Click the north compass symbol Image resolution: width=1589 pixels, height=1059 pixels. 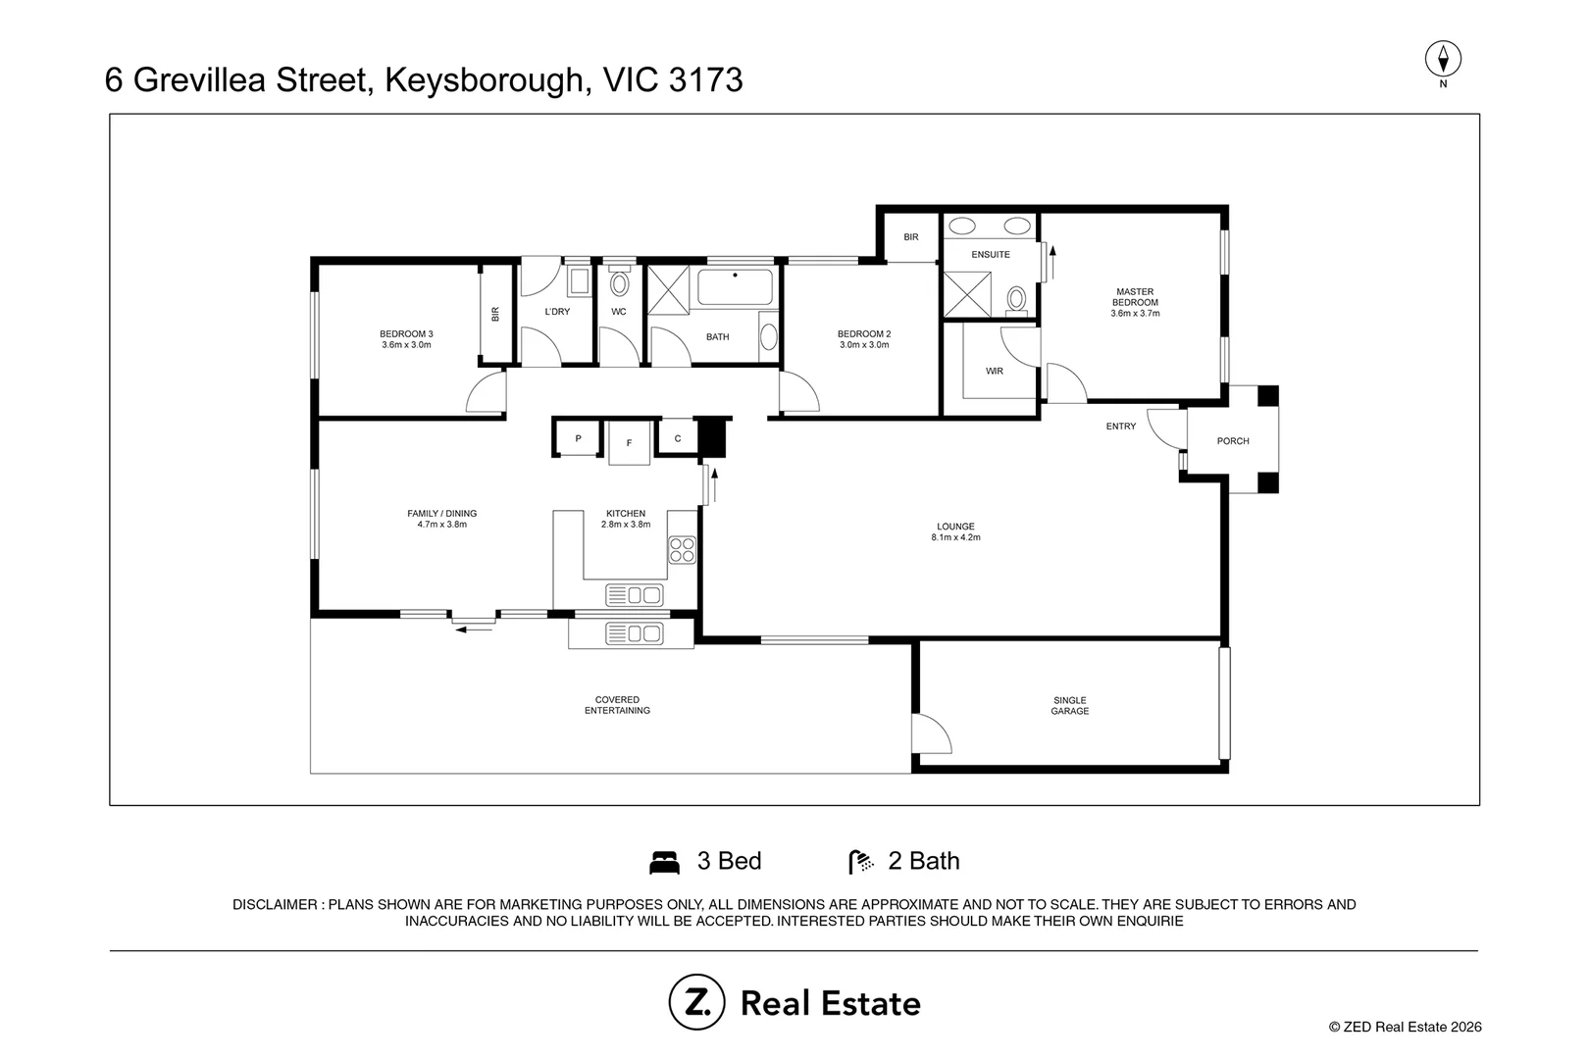click(1443, 59)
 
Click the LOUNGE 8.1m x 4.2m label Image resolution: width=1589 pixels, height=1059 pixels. click(955, 532)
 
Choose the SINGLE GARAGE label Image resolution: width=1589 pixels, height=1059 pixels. click(1070, 706)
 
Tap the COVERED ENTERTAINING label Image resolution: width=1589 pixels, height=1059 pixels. click(617, 705)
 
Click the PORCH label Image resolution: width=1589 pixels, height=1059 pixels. click(1233, 441)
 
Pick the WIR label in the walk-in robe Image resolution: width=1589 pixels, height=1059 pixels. click(995, 371)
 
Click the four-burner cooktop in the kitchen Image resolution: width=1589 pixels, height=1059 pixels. click(683, 550)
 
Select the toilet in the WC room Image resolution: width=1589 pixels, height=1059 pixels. click(619, 283)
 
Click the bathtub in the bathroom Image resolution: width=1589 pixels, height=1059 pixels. click(735, 287)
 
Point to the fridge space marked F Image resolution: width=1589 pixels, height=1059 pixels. click(629, 443)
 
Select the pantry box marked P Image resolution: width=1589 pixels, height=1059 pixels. click(578, 438)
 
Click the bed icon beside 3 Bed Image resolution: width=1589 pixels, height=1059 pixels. click(665, 863)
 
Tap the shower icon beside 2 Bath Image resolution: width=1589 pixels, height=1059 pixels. click(861, 862)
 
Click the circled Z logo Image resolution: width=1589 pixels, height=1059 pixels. click(696, 1002)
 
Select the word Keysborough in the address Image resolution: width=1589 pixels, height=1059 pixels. click(488, 80)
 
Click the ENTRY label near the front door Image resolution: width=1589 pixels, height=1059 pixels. click(1121, 427)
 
